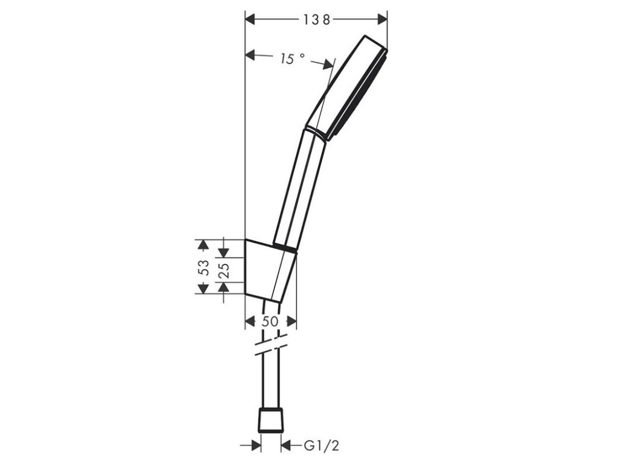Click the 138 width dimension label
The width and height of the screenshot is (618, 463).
pos(316,19)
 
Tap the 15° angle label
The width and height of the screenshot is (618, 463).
pos(292,58)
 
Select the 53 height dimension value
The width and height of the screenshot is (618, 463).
pos(203,268)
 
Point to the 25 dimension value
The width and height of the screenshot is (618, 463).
pos(224,270)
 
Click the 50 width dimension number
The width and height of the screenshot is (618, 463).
pos(270,322)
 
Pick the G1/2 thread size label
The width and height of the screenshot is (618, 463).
pos(321,446)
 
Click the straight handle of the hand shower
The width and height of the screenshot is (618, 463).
pos(299,189)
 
